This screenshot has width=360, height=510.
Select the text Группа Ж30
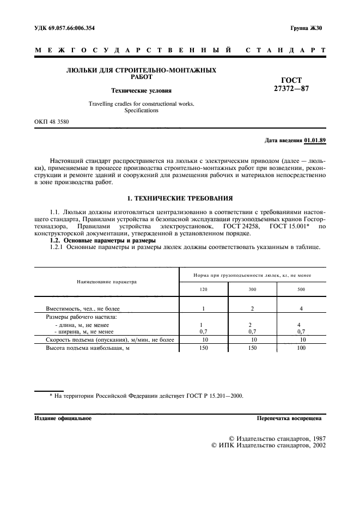point(307,28)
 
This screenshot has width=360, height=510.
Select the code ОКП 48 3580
point(52,122)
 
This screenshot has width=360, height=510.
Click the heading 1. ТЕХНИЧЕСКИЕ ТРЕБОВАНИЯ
point(180,198)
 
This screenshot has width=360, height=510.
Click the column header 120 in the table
point(203,289)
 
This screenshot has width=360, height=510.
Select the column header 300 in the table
point(252,289)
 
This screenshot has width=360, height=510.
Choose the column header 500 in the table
point(301,289)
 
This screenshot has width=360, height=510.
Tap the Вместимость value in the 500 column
point(301,308)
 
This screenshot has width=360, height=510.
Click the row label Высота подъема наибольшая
point(88,347)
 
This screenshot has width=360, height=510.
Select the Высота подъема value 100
point(301,347)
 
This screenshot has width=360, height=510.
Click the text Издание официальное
point(63,419)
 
